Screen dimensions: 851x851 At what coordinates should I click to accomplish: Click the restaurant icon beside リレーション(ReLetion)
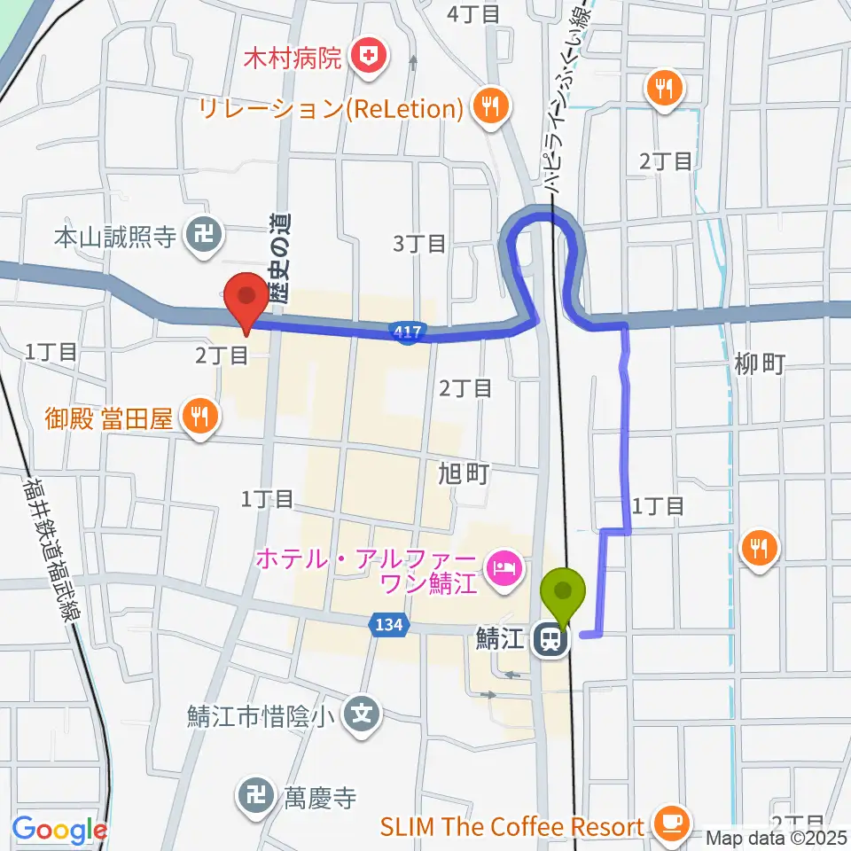(488, 108)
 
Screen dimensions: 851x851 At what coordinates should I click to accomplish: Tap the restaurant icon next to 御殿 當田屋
(199, 417)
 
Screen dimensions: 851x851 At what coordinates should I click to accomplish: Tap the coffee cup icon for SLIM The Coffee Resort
(671, 824)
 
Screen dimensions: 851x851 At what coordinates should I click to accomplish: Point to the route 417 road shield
(404, 332)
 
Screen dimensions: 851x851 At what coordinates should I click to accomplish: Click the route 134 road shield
(389, 625)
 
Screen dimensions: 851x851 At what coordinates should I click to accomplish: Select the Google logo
(59, 830)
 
